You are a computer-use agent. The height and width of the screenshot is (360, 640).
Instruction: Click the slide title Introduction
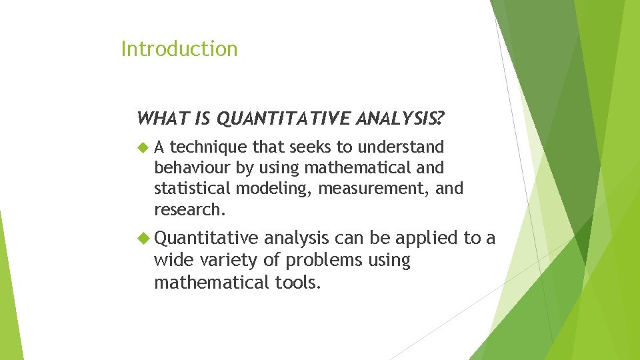[179, 49]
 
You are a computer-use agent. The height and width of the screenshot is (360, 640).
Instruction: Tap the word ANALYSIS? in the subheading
[401, 119]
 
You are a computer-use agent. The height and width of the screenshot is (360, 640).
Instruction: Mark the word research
[189, 210]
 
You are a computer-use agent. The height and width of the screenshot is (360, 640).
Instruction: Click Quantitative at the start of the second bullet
[206, 238]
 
